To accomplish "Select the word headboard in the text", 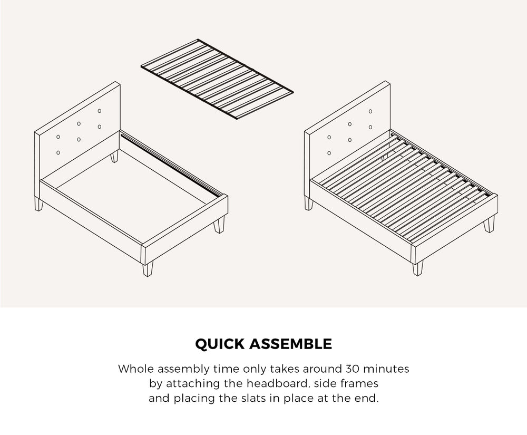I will pos(267,383).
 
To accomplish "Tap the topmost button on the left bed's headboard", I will pos(99,111).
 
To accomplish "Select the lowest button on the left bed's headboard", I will pos(57,152).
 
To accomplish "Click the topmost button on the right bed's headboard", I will pos(370,111).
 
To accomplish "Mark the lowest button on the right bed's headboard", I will pos(329,153).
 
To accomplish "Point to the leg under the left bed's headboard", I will pos(38,204).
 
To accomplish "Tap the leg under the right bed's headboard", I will pos(309,203).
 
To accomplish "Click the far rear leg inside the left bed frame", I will pos(114,157).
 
